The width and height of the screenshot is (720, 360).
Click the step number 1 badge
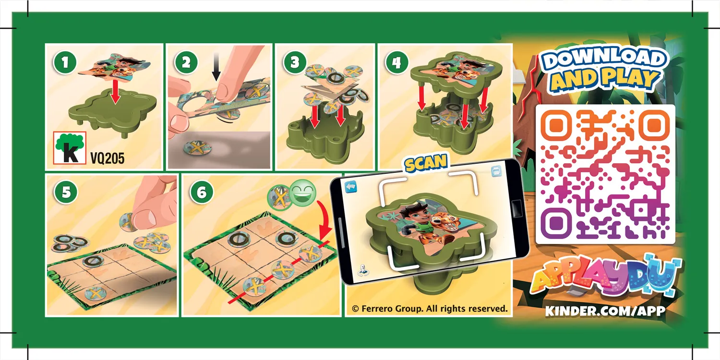[65, 62]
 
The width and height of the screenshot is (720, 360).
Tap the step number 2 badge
[186, 62]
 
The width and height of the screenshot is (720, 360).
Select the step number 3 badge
[294, 62]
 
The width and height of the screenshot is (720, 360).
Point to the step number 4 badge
[396, 62]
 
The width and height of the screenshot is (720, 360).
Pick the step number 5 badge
[66, 192]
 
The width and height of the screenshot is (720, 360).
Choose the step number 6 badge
[202, 192]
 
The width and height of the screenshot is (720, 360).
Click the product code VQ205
[108, 158]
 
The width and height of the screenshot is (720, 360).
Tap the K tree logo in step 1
[70, 148]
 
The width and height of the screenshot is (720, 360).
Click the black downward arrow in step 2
[216, 67]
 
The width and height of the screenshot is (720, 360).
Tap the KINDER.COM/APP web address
[605, 311]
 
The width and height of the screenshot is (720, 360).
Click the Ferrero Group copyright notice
[430, 309]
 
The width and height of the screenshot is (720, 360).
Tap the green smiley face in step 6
[302, 192]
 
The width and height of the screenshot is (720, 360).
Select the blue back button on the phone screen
[351, 187]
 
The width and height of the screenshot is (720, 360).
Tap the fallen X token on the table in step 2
[197, 148]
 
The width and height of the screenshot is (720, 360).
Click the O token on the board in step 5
[93, 261]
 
